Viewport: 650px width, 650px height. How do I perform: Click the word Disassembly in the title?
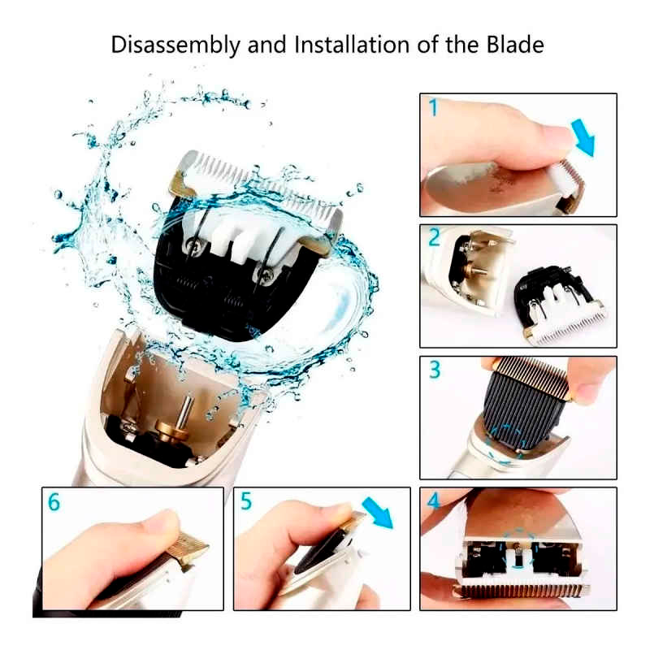175,45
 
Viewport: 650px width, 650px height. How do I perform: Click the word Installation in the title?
352,45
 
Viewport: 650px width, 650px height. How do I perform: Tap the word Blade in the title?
515,45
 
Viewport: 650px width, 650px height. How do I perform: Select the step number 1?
434,107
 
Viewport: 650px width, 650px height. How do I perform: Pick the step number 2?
434,237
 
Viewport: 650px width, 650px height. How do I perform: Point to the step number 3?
435,370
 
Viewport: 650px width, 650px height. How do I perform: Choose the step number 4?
433,500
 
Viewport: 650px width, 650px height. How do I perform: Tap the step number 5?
246,500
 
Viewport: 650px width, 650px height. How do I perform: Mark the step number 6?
54,501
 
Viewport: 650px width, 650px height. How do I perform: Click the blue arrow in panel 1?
584,136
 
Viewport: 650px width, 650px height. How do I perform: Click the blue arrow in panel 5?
377,513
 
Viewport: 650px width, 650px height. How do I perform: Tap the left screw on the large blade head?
193,245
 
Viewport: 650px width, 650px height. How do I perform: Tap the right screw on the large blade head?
266,273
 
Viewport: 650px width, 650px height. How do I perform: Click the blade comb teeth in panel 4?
522,590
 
